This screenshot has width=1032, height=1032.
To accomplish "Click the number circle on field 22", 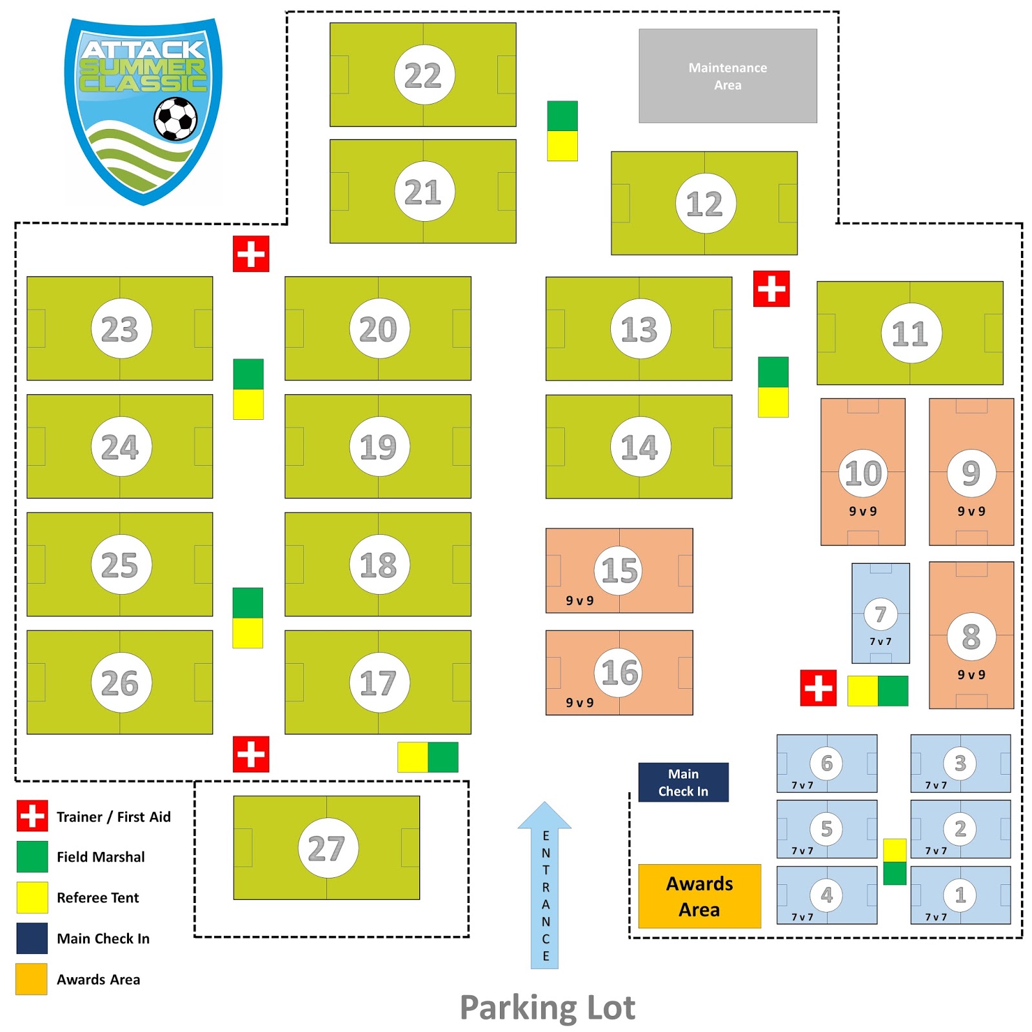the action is pyautogui.click(x=424, y=75).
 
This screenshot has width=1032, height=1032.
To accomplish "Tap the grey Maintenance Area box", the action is pyautogui.click(x=728, y=75).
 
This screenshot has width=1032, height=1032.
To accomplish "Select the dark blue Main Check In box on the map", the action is pyautogui.click(x=683, y=782).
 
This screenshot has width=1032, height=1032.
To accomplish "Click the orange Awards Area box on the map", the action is pyautogui.click(x=699, y=896).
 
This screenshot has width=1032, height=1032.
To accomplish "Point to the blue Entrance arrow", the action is pyautogui.click(x=545, y=884).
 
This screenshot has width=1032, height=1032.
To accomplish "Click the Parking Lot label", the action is pyautogui.click(x=547, y=1007).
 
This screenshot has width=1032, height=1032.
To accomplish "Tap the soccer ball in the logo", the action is pyautogui.click(x=175, y=118).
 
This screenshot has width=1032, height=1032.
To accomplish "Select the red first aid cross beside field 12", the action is pyautogui.click(x=771, y=288).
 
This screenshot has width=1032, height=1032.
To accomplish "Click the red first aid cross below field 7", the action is pyautogui.click(x=818, y=688).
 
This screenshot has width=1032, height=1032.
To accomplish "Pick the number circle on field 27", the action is pyautogui.click(x=328, y=848).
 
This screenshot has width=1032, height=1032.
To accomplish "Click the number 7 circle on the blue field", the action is pyautogui.click(x=880, y=614).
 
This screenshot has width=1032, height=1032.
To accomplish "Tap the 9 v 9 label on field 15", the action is pyautogui.click(x=579, y=600).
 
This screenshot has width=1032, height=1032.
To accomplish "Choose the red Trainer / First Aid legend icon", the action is pyautogui.click(x=32, y=816).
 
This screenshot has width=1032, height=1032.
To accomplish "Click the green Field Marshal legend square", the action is pyautogui.click(x=32, y=857).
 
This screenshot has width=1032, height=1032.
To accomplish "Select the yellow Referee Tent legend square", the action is pyautogui.click(x=32, y=897).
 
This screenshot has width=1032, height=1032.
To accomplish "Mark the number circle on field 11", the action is pyautogui.click(x=911, y=333).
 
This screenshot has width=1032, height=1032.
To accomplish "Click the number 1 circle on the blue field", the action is pyautogui.click(x=960, y=895).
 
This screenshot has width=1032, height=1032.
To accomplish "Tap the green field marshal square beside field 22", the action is pyautogui.click(x=562, y=115).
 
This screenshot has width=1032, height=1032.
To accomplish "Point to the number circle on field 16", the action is pyautogui.click(x=618, y=672).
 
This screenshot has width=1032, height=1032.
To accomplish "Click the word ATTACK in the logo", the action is pyautogui.click(x=143, y=50).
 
